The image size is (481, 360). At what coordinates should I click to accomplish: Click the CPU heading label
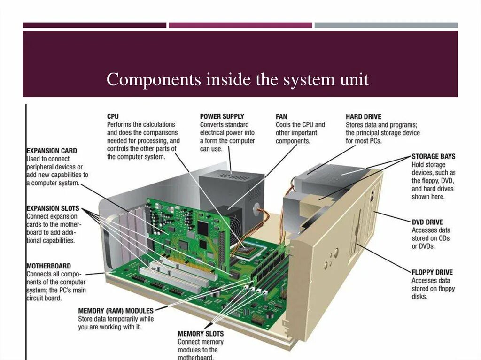tap(113, 116)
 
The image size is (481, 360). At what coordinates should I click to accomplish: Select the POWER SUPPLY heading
tap(222, 116)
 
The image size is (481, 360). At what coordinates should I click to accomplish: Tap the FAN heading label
tap(281, 116)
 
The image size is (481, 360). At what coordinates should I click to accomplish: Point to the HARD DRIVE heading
tap(364, 116)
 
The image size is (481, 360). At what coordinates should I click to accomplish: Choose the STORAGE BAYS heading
tap(433, 156)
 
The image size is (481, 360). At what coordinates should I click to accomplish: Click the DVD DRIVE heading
tap(427, 222)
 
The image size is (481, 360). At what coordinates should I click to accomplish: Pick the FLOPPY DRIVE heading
tap(432, 272)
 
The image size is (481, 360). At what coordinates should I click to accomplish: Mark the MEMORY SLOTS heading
tap(201, 334)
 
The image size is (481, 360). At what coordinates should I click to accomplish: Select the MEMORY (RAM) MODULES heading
tap(116, 311)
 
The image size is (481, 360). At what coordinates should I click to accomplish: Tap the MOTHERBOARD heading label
tap(48, 266)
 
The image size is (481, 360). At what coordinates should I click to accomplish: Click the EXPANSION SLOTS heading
tap(53, 208)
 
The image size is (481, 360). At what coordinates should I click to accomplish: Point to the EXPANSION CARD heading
tap(51, 151)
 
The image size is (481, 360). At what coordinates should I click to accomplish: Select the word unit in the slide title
tap(355, 80)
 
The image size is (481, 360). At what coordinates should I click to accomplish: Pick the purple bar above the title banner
tap(240, 25)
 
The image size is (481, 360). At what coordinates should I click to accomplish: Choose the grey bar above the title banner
tap(386, 25)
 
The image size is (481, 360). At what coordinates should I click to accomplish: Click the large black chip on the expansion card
tap(203, 228)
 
